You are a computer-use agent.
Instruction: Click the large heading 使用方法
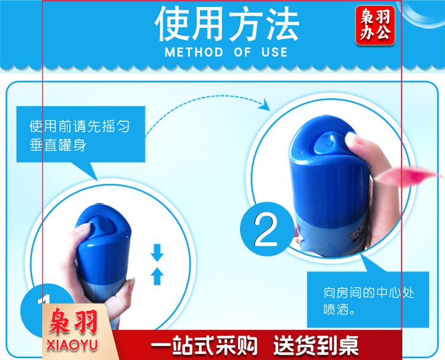tap(227, 24)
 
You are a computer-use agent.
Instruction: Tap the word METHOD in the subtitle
tap(194, 52)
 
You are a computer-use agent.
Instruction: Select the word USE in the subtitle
tap(275, 52)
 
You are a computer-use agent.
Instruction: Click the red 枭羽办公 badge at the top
tap(375, 26)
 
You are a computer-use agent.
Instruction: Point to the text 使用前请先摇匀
tap(80, 126)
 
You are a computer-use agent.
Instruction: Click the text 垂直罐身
tap(58, 145)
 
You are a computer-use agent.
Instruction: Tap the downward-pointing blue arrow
tap(157, 253)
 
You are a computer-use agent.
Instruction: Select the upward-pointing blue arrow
tap(157, 276)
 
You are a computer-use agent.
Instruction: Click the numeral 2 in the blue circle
tap(266, 230)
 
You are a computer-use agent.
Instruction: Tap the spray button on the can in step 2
tap(329, 143)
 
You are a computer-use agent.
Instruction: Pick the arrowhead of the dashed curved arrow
tap(265, 104)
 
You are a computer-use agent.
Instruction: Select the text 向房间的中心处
tap(369, 293)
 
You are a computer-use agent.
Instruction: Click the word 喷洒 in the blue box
tap(336, 310)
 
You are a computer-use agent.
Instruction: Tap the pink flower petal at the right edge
tap(409, 176)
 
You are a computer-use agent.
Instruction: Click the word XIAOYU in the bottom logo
tap(72, 345)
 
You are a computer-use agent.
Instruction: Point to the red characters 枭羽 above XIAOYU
tap(73, 321)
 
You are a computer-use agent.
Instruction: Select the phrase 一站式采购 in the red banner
tap(204, 345)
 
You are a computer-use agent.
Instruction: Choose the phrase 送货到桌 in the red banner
tap(316, 345)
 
